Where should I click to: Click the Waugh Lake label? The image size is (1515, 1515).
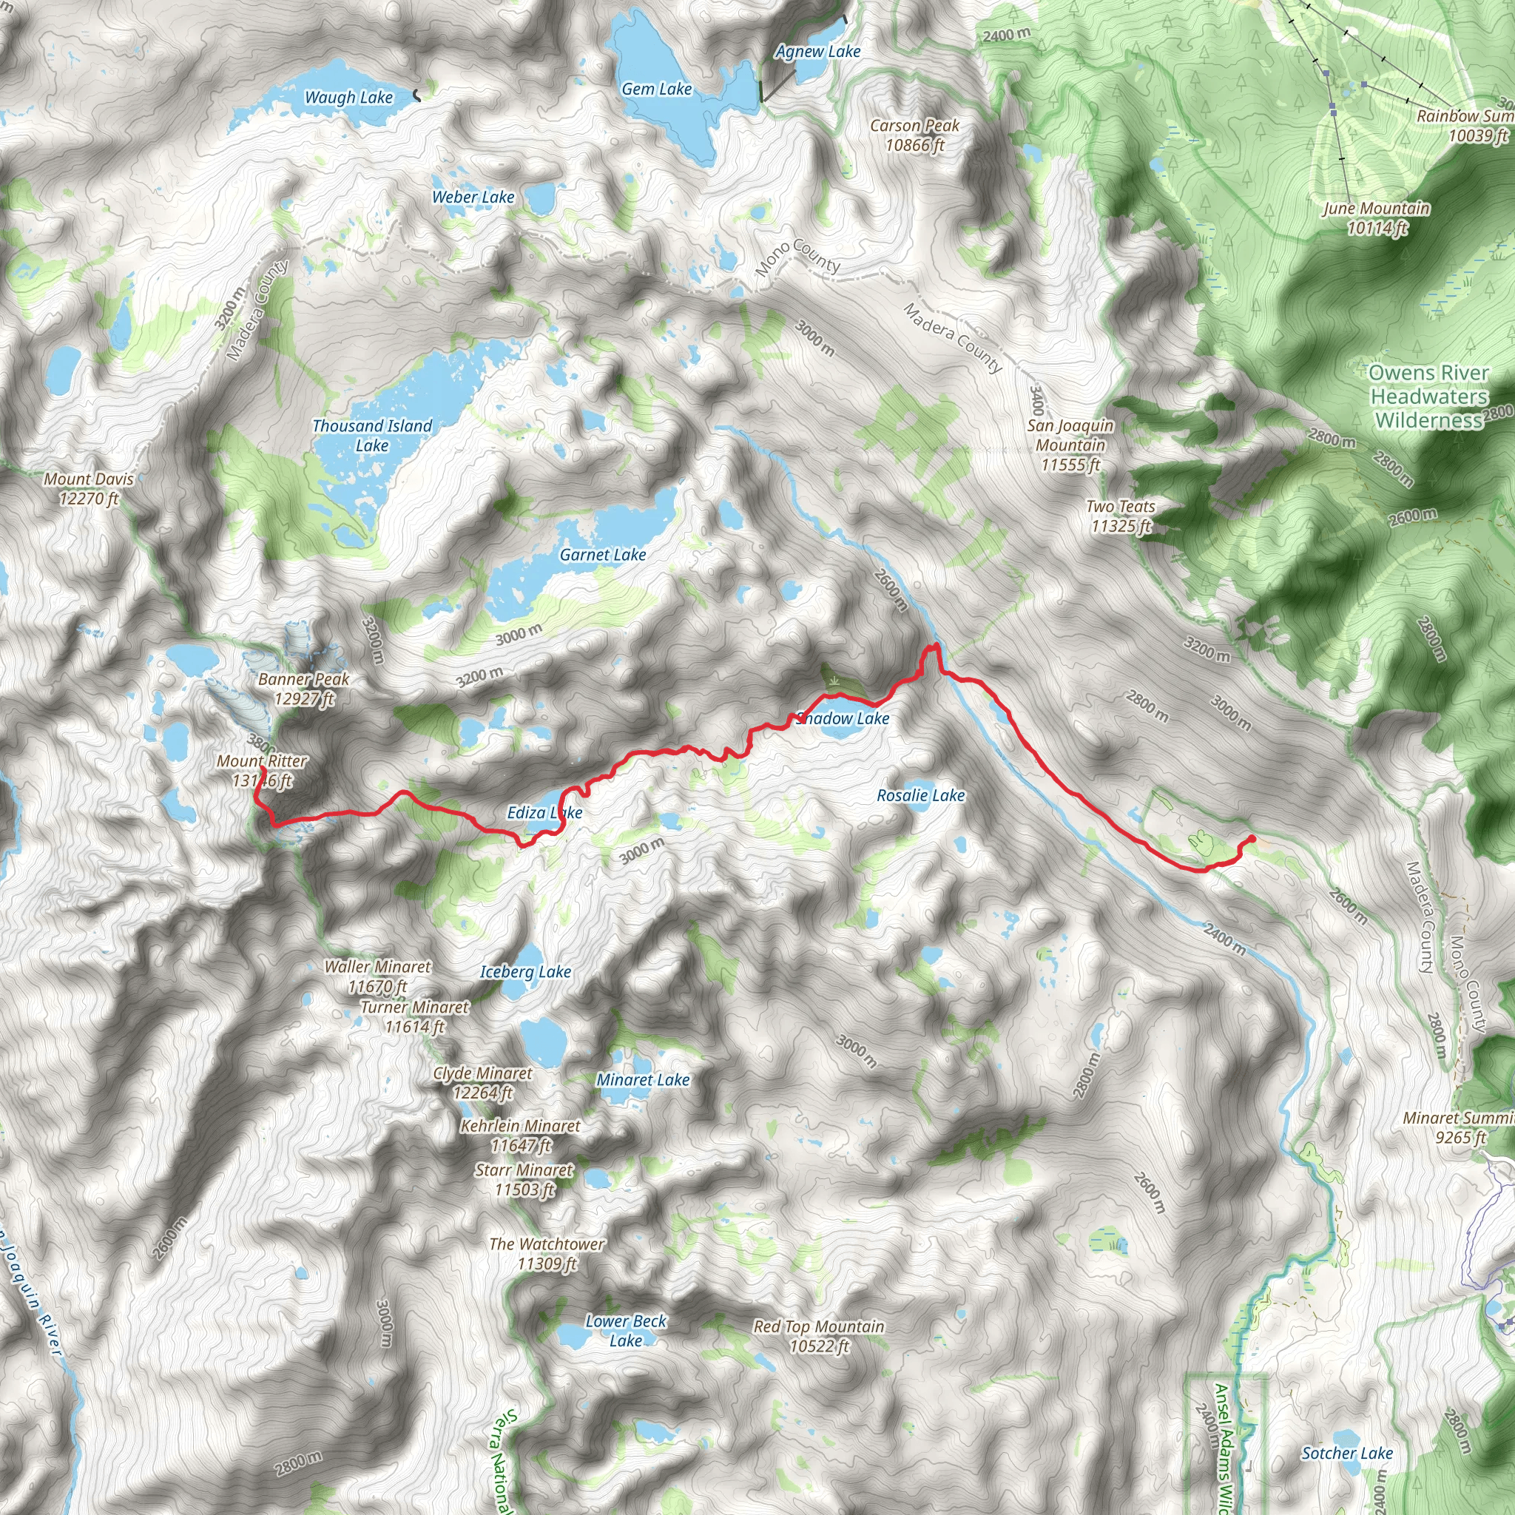click(x=348, y=98)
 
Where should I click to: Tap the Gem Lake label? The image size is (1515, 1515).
click(x=656, y=90)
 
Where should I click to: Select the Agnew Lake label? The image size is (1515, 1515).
click(x=818, y=52)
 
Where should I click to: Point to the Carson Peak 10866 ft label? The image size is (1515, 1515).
click(x=914, y=135)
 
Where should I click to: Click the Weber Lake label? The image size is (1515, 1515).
click(x=473, y=198)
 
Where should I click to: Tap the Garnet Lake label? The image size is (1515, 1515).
click(x=602, y=556)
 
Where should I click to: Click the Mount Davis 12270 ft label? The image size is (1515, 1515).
click(x=89, y=488)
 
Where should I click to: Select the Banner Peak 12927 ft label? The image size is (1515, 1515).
click(x=303, y=689)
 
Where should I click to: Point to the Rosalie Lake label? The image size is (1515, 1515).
click(x=920, y=796)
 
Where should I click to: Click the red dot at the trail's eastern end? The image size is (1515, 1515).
click(x=1252, y=840)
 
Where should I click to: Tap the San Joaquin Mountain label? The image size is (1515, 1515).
click(x=1070, y=445)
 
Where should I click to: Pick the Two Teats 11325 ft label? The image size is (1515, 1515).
click(x=1121, y=517)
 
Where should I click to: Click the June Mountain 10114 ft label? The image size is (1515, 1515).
click(x=1376, y=218)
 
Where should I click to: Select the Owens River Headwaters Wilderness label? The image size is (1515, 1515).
click(x=1428, y=397)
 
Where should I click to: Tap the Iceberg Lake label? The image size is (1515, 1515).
click(x=525, y=972)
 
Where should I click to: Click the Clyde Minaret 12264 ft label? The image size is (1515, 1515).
click(x=482, y=1083)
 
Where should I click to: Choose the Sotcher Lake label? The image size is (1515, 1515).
click(x=1347, y=1454)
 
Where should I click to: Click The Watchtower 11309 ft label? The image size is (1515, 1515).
click(x=547, y=1254)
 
